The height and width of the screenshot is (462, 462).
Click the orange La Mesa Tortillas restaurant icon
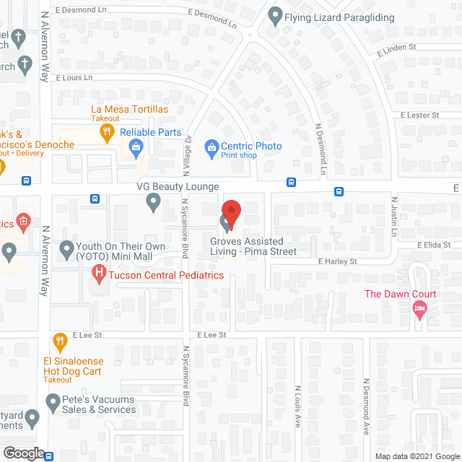click(x=107, y=131)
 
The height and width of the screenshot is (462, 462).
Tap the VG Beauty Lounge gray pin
click(x=153, y=201)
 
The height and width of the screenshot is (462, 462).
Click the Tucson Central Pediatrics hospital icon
click(x=100, y=274)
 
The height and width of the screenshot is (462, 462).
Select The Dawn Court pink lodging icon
click(x=419, y=308)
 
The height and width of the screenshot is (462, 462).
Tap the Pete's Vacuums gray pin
click(x=53, y=401)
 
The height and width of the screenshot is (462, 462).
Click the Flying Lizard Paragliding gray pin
click(x=274, y=14)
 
